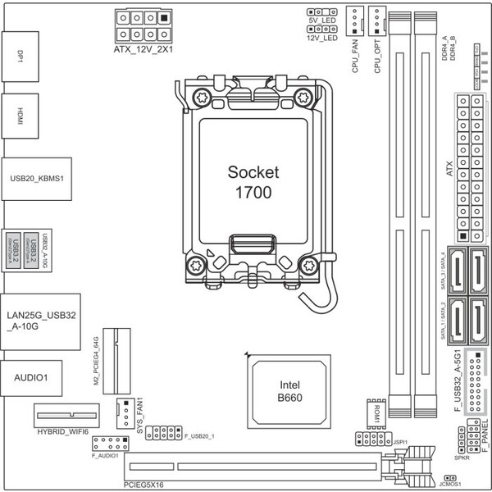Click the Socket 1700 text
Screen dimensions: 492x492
[253, 181]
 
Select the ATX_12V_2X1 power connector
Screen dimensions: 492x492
[146, 25]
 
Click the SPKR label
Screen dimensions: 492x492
[461, 448]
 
